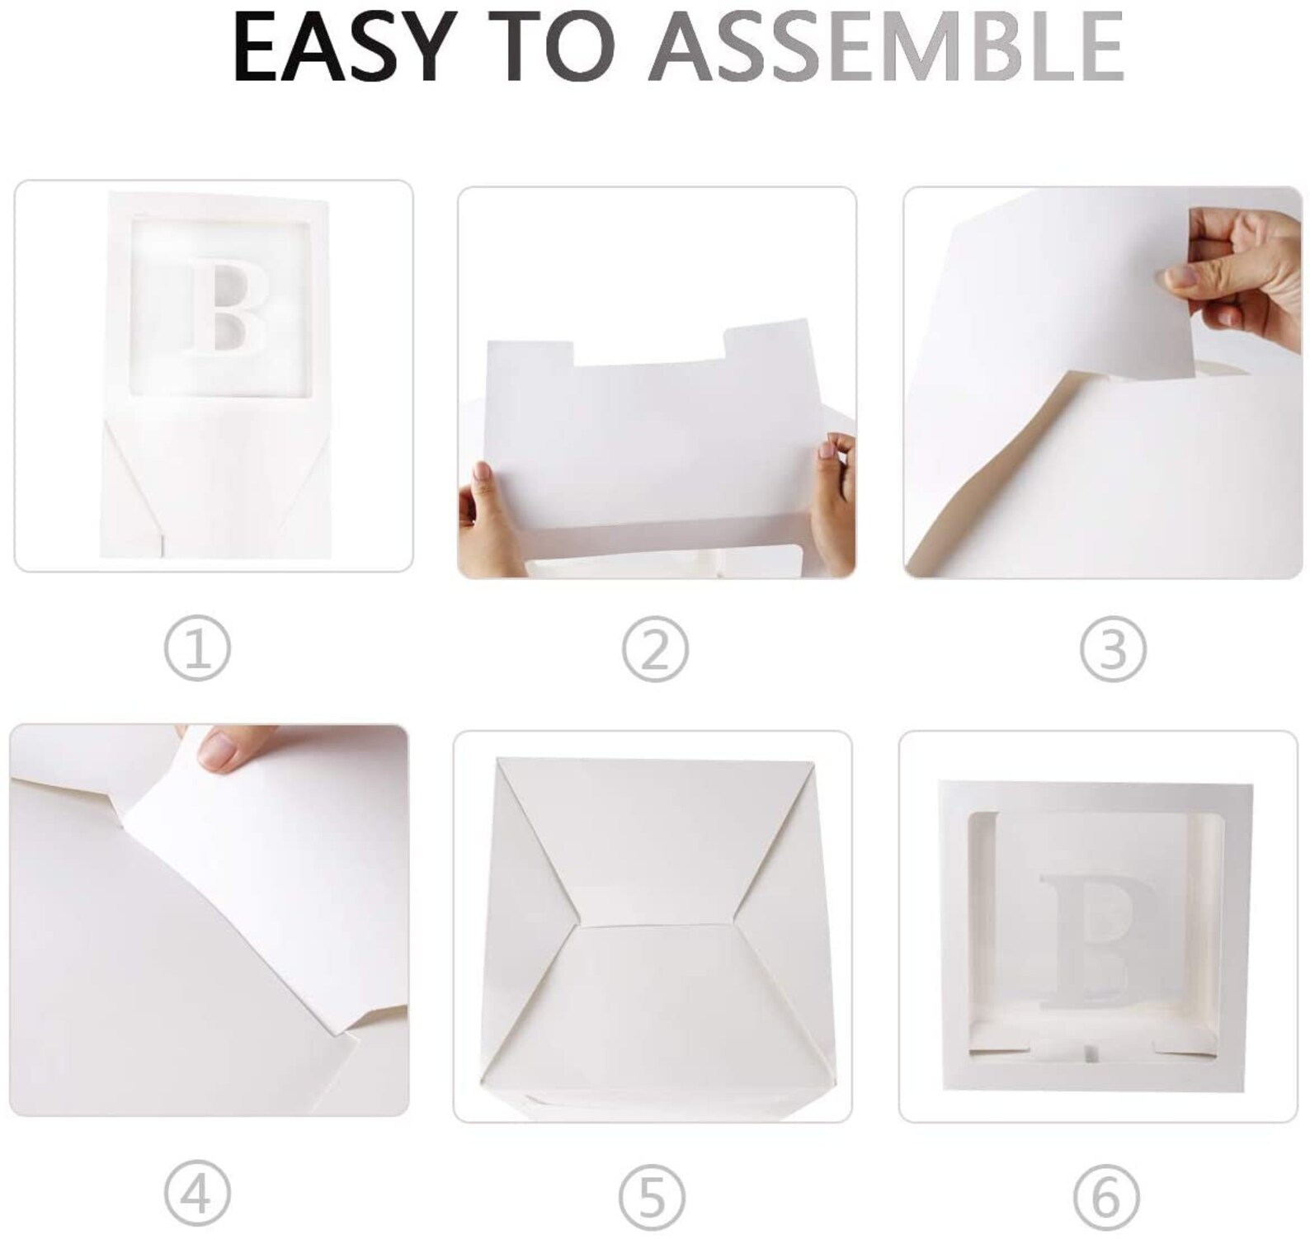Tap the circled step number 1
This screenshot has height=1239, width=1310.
coord(197,649)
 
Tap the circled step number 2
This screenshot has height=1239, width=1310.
coord(655,649)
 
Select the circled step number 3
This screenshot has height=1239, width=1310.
coord(1113,649)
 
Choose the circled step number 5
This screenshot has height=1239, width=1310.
coord(653,1195)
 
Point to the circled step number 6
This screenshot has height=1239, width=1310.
coord(1106,1195)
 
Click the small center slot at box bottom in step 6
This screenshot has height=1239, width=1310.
coord(1091,1053)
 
